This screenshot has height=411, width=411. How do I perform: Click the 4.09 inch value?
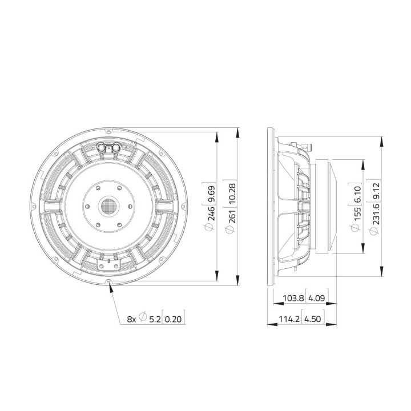(x=316, y=298)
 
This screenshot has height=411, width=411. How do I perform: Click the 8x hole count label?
(x=131, y=319)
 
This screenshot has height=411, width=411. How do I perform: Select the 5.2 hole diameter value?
(x=155, y=319)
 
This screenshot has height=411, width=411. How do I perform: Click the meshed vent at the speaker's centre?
(x=108, y=205)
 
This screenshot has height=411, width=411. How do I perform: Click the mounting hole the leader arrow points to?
(x=108, y=281)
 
